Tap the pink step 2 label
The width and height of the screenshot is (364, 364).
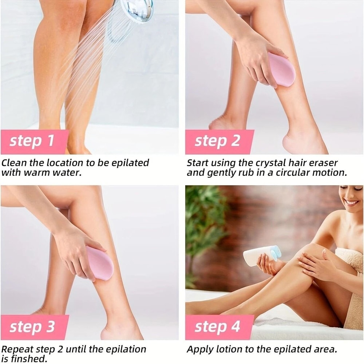(217, 141)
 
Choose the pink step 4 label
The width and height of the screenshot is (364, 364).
(217, 327)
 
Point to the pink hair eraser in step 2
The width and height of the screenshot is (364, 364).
(281, 69)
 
